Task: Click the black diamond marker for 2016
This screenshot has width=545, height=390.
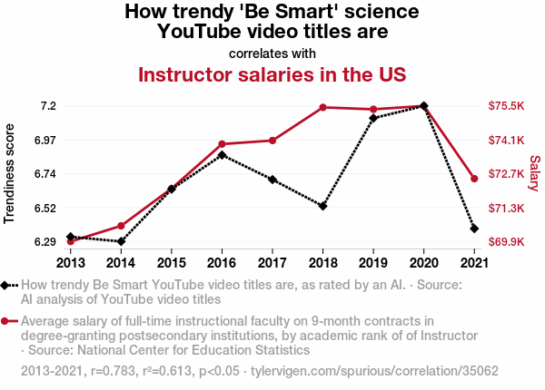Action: [x=222, y=155]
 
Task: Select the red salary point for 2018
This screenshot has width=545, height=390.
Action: [x=322, y=108]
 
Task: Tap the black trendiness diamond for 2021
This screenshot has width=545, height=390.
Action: [x=474, y=229]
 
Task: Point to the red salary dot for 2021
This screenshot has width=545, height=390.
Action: [x=474, y=179]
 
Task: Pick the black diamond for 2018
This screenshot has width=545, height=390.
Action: [x=322, y=206]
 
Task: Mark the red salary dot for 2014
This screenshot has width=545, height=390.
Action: [x=121, y=226]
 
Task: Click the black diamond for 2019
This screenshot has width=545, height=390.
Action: [x=373, y=118]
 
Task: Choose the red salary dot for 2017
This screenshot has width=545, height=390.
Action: [x=272, y=141]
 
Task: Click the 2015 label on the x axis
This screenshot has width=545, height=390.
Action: [x=172, y=263]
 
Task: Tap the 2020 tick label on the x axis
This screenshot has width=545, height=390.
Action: [x=423, y=263]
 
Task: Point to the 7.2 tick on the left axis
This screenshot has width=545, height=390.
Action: [x=48, y=106]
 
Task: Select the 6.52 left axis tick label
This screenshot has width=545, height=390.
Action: [x=45, y=208]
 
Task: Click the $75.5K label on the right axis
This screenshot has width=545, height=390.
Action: [x=507, y=106]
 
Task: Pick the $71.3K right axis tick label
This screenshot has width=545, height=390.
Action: [x=507, y=209]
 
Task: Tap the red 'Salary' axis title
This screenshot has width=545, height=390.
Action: [x=534, y=173]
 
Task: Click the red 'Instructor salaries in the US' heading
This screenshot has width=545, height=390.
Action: [x=272, y=74]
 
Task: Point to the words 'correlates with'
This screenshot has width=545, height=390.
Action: [x=272, y=52]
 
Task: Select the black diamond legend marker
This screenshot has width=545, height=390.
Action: [x=5, y=286]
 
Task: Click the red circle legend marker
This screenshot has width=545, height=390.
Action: [x=5, y=321]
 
